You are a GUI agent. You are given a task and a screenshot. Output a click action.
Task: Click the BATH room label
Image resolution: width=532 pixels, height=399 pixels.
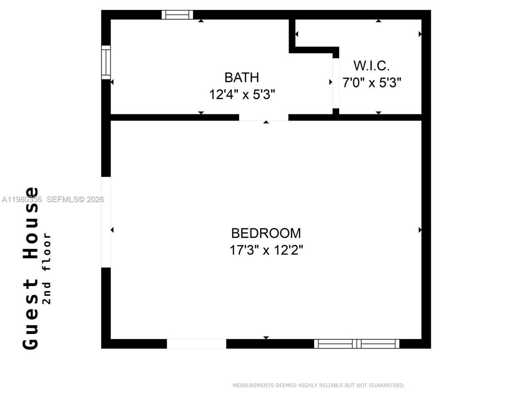click(241, 77)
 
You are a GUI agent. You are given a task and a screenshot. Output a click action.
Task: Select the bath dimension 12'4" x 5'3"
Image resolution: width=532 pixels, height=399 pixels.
click(242, 94)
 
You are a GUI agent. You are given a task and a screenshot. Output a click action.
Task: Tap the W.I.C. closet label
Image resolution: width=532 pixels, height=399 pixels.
click(372, 66)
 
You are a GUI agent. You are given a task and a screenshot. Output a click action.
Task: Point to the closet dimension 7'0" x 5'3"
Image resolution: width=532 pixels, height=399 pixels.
click(372, 82)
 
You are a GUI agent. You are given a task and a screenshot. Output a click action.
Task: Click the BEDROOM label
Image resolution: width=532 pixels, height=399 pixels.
click(266, 233)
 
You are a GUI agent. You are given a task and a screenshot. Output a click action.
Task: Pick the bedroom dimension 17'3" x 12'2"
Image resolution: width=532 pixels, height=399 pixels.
click(266, 250)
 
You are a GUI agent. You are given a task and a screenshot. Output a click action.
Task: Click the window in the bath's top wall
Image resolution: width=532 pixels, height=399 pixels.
click(177, 15)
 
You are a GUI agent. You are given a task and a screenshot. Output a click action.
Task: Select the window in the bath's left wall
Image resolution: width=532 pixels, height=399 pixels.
click(106, 62)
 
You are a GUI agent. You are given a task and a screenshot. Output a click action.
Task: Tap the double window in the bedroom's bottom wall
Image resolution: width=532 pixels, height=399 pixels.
click(357, 344)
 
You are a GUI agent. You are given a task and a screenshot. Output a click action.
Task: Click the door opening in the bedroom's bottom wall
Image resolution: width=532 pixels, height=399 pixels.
click(197, 344)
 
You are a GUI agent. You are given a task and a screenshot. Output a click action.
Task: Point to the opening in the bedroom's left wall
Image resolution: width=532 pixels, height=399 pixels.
click(106, 222)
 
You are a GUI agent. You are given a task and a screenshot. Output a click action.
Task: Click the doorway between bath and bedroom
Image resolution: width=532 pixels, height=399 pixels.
click(264, 118)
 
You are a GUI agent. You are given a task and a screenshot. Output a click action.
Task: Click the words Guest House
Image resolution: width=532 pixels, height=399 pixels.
click(31, 268)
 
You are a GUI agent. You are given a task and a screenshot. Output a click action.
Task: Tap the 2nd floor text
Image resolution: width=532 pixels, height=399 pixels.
click(47, 268)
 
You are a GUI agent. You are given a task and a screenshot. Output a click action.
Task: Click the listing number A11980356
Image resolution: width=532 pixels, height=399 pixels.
click(22, 199)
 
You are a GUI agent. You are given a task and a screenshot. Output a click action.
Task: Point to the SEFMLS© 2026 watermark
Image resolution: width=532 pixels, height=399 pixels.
click(75, 199)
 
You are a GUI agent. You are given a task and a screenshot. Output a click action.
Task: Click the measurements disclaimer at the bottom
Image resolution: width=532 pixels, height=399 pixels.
click(318, 385)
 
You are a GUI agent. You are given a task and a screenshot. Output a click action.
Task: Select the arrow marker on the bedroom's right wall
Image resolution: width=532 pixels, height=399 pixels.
click(420, 230)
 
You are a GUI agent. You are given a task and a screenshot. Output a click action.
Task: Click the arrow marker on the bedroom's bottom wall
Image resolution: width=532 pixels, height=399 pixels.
click(266, 337)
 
